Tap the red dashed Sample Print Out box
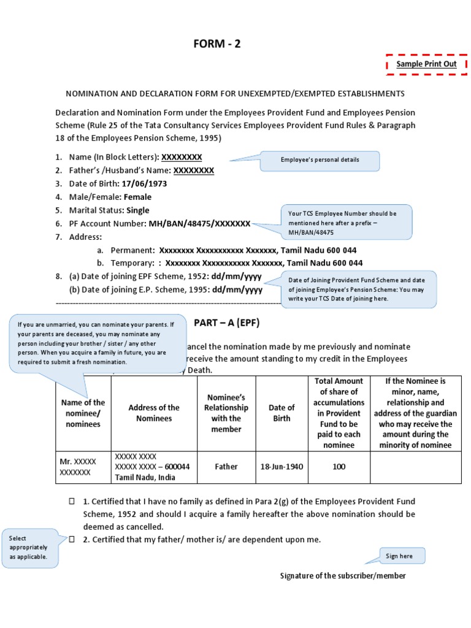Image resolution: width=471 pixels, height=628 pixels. (x=426, y=64)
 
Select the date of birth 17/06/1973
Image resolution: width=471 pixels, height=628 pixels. (x=144, y=183)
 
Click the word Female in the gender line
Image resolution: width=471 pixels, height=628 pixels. (x=137, y=197)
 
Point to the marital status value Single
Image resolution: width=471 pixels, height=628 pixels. (x=137, y=210)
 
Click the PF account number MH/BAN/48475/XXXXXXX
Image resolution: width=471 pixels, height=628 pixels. (x=199, y=224)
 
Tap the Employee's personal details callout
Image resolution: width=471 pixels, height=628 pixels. (x=320, y=160)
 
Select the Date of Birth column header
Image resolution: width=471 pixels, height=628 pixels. (x=281, y=413)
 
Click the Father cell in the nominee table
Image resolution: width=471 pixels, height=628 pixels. (x=226, y=467)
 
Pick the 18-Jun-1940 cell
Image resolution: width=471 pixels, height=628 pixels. (x=281, y=467)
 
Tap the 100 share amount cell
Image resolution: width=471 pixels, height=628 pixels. (x=339, y=467)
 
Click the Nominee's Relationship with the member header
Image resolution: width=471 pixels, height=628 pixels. (x=226, y=413)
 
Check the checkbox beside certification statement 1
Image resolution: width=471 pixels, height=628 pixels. (x=72, y=502)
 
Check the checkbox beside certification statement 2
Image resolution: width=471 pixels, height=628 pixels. (x=72, y=539)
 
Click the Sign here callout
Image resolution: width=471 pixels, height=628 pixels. (x=399, y=556)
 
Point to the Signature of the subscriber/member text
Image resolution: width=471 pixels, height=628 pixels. (x=343, y=576)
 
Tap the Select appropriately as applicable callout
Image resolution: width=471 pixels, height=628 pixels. (x=31, y=548)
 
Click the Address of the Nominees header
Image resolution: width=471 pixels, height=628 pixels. (x=154, y=413)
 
